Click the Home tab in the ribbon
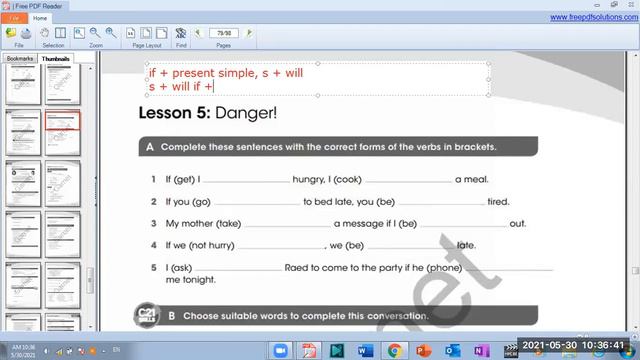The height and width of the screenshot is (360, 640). [x=40, y=18]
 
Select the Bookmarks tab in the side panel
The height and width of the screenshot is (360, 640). [x=20, y=59]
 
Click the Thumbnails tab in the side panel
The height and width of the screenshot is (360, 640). [x=56, y=59]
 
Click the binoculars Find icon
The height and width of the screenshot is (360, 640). [x=181, y=33]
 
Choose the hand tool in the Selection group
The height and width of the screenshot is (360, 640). [x=45, y=33]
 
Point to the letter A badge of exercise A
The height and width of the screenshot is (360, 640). [x=150, y=147]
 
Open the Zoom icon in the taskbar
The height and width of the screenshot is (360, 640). [x=280, y=350]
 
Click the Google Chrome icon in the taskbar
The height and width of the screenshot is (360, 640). [x=394, y=350]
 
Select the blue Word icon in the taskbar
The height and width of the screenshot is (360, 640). [x=364, y=350]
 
